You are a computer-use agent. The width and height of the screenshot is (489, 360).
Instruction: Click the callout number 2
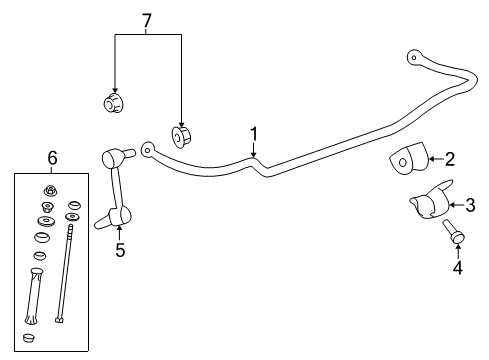point(450,158)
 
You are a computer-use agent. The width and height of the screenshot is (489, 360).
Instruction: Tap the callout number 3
point(471,206)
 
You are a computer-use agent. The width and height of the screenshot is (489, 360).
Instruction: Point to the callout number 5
point(120,250)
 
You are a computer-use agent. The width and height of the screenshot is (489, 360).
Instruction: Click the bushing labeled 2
point(406,160)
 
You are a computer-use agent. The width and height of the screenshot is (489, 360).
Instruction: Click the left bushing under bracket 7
point(115,102)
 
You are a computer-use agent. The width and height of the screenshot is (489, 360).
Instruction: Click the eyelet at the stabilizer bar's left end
point(148,150)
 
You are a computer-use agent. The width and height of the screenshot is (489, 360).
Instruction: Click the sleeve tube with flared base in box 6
point(35,295)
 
